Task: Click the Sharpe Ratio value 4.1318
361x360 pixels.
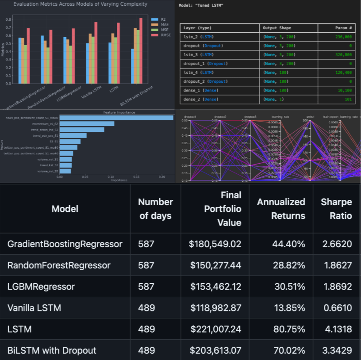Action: click(336, 329)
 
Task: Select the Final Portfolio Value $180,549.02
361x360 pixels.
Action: click(215, 244)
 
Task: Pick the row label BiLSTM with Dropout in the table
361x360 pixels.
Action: click(52, 350)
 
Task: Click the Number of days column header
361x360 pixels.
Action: click(155, 209)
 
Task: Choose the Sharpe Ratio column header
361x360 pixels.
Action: click(336, 209)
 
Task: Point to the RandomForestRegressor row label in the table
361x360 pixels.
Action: click(59, 265)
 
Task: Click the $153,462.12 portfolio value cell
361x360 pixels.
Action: click(215, 287)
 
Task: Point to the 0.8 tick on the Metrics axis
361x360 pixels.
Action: click(8, 19)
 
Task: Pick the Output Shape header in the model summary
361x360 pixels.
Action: click(277, 28)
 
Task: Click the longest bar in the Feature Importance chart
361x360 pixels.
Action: click(116, 118)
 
